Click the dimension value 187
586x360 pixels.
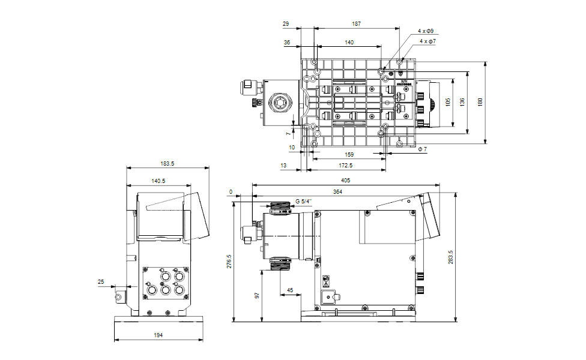pos(357,24)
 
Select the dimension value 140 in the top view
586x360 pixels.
pos(349,43)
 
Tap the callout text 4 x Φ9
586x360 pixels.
pos(426,31)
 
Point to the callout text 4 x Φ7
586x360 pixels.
pos(427,41)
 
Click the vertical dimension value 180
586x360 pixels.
pos(480,103)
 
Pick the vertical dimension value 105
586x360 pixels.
pos(448,103)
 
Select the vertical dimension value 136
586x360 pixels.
pos(462,103)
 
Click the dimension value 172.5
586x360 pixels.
pos(346,165)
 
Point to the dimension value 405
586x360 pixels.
pos(345,180)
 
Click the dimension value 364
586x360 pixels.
pos(337,191)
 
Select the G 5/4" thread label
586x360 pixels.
pos(304,202)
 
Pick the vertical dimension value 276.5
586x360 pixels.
pos(229,262)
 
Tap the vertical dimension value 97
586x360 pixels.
pos(259,296)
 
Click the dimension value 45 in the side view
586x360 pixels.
pos(291,290)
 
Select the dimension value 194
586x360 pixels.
pos(158,335)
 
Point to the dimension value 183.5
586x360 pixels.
pos(168,163)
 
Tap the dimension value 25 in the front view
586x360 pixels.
pos(100,281)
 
